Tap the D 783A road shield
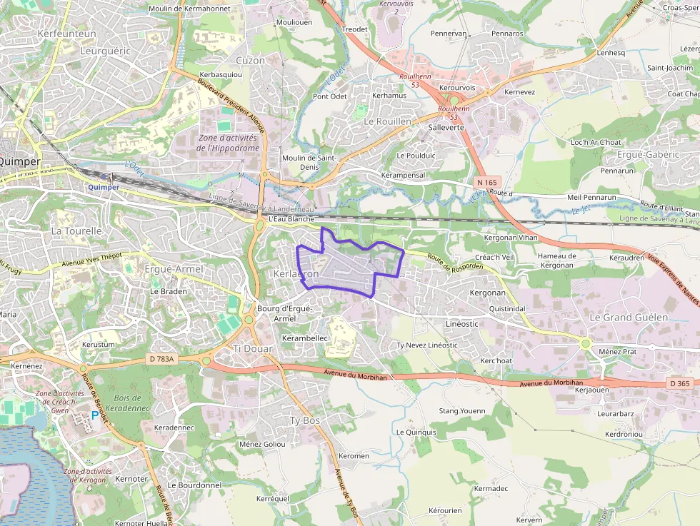(162, 359)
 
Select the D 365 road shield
(681, 384)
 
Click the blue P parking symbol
(94, 415)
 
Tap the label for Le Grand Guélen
(629, 317)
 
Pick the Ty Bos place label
(304, 420)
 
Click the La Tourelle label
(77, 231)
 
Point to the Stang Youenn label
(461, 410)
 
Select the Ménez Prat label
(617, 351)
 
